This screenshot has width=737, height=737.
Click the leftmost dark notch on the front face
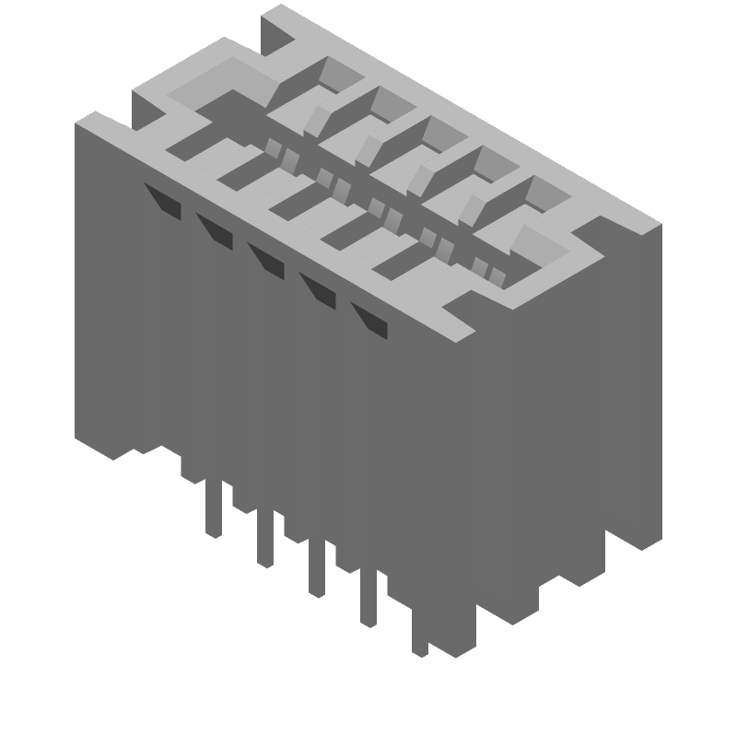[162, 198]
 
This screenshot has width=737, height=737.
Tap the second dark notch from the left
[214, 230]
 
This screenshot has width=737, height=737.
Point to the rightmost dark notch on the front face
[369, 318]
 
